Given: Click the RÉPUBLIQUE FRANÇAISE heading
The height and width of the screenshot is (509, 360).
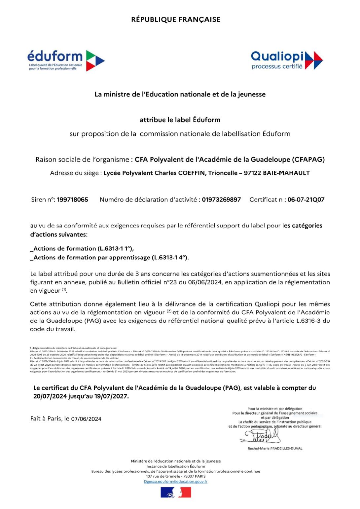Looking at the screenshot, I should pyautogui.click(x=176, y=19).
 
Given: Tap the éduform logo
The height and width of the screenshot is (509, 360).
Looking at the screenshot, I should pyautogui.click(x=66, y=60).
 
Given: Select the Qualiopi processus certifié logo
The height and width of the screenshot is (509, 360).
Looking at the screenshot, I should pyautogui.click(x=286, y=60).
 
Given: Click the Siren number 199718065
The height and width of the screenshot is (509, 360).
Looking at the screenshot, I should pyautogui.click(x=72, y=200).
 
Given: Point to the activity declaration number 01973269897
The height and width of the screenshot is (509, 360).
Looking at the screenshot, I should pyautogui.click(x=221, y=200).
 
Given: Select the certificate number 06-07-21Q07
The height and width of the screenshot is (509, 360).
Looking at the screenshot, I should pyautogui.click(x=306, y=200).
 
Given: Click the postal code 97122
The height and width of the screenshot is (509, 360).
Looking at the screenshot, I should pyautogui.click(x=252, y=173).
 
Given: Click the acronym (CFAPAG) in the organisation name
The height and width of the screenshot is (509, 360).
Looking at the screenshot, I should pyautogui.click(x=308, y=160).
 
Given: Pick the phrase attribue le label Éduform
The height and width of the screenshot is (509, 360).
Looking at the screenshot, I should pyautogui.click(x=180, y=120).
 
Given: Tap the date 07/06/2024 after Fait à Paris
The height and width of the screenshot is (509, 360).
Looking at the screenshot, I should pyautogui.click(x=86, y=419).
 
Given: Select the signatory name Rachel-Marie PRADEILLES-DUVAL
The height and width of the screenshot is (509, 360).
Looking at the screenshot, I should pyautogui.click(x=275, y=448).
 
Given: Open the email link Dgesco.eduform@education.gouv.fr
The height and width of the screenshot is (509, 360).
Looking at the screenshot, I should pyautogui.click(x=176, y=481).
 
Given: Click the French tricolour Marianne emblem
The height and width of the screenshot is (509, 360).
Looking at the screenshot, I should pyautogui.click(x=176, y=492).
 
